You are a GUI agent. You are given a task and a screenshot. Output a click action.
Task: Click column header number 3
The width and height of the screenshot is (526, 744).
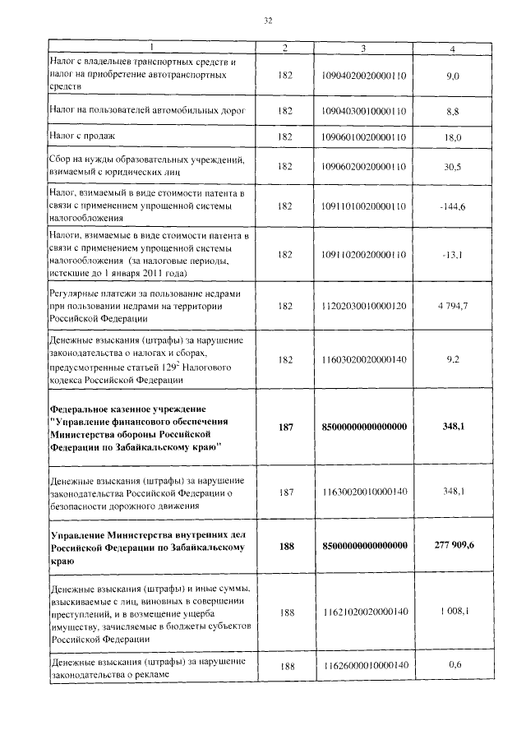pyautogui.click(x=363, y=49)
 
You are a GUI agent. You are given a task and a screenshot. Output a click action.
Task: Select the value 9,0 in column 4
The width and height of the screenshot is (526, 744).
pyautogui.click(x=452, y=75)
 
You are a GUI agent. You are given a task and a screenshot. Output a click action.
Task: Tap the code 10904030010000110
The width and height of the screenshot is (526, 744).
pyautogui.click(x=364, y=109)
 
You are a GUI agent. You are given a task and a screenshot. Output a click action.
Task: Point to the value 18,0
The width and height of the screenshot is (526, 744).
pyautogui.click(x=453, y=137)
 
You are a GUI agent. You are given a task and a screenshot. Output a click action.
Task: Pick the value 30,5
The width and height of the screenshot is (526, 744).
pyautogui.click(x=452, y=167)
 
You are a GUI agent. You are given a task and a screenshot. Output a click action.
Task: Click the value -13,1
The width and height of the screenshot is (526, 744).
pyautogui.click(x=453, y=255)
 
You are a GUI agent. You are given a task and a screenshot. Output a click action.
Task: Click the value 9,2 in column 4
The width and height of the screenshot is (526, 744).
pyautogui.click(x=452, y=358)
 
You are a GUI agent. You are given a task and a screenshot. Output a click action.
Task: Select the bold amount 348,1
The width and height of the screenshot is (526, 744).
pyautogui.click(x=453, y=427)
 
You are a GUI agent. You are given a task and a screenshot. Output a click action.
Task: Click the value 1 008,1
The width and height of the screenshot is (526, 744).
pyautogui.click(x=453, y=612)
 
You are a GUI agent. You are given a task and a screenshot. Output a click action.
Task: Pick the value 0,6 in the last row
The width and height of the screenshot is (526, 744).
pyautogui.click(x=454, y=665)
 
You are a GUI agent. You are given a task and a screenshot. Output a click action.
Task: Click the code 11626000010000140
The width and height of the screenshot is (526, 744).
pyautogui.click(x=364, y=666)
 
